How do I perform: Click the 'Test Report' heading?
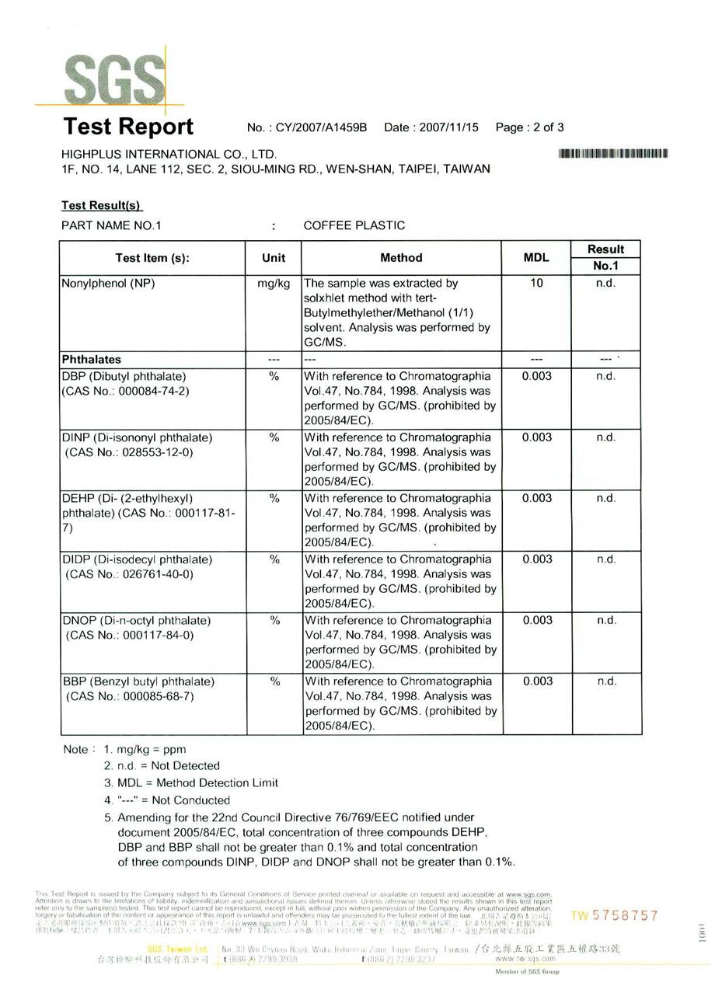128,127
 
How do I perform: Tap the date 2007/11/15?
448,127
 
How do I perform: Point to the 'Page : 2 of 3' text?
529,127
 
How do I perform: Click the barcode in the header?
612,154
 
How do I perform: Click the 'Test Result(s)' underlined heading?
102,205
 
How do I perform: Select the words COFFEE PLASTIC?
354,225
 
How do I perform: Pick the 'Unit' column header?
274,258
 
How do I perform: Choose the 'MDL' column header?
536,258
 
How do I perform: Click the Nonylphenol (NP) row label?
108,284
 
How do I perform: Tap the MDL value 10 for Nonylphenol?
536,284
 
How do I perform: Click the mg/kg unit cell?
274,284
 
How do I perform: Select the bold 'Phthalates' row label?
92,360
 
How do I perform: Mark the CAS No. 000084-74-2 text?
125,391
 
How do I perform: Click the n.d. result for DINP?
606,437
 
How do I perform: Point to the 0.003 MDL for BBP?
537,681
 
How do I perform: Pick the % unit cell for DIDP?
274,559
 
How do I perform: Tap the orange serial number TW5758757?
615,916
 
